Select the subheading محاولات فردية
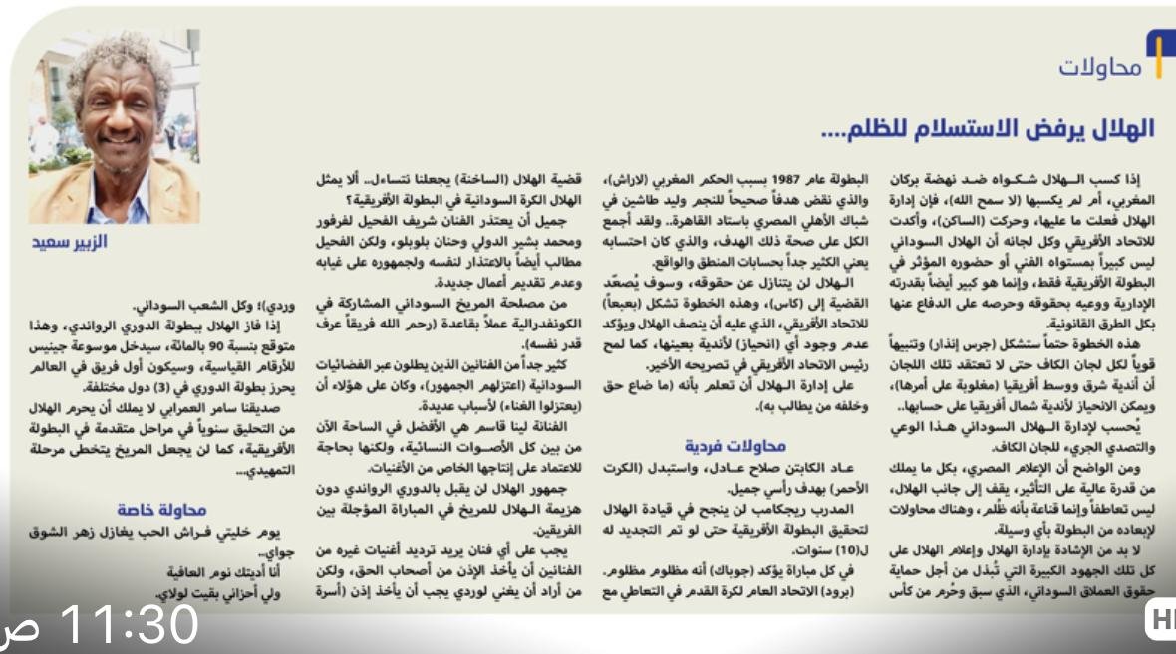(736, 445)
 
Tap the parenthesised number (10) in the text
(837, 551)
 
